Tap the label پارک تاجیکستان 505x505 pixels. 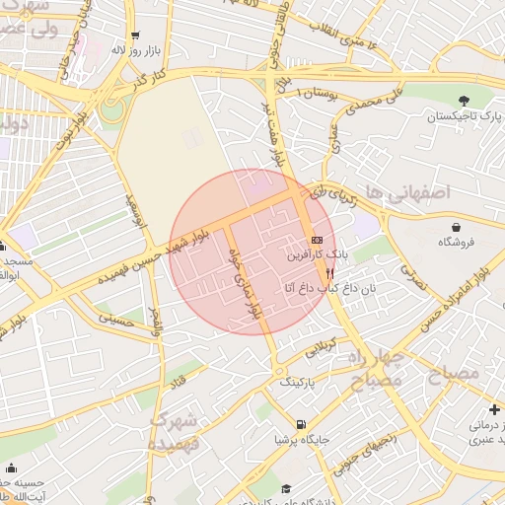coord(464,116)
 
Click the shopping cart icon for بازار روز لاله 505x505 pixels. coord(134,34)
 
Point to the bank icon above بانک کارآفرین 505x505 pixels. coord(316,240)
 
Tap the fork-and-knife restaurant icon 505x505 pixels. coord(328,272)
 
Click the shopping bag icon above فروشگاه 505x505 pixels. coord(456,226)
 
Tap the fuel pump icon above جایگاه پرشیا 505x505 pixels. coord(300,425)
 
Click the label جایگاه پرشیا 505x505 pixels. coord(299,439)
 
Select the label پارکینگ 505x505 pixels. coord(301,380)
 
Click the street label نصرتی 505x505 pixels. coord(414,278)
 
